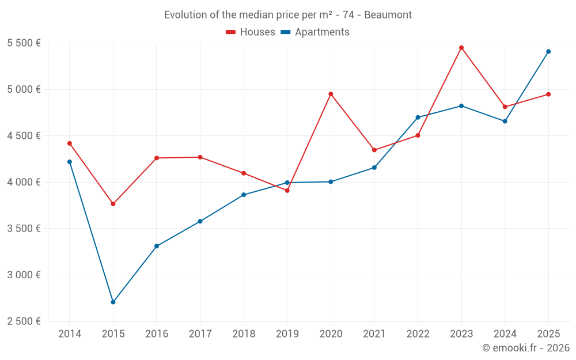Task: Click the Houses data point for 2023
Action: [461, 48]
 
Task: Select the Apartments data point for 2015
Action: [113, 302]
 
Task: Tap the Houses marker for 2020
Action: [331, 94]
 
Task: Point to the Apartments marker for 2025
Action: [548, 51]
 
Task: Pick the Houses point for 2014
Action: [70, 143]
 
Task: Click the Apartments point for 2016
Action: [157, 246]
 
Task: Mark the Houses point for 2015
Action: [113, 204]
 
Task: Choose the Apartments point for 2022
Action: [418, 118]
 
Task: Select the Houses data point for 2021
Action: [374, 150]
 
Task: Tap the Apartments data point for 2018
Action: [244, 195]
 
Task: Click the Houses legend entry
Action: [251, 32]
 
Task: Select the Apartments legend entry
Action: [315, 32]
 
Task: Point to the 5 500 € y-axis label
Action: [24, 43]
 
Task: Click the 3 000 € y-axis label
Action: [24, 275]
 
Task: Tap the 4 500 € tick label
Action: [24, 136]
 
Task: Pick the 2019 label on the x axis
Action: [287, 334]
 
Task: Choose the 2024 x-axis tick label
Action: [505, 334]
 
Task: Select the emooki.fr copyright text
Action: [525, 348]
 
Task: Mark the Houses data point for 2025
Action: [548, 94]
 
